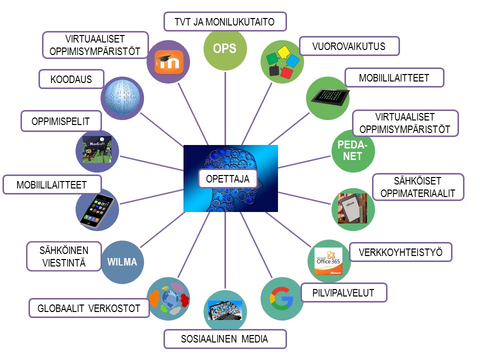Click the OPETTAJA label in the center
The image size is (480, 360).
[228, 178]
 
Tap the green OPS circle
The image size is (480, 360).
[225, 49]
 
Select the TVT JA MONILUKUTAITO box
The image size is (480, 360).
[225, 21]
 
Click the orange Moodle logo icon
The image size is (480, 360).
[169, 62]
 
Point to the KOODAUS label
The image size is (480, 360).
[71, 79]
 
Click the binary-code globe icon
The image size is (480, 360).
[122, 98]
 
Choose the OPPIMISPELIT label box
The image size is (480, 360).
[61, 121]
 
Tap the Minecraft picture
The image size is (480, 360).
[96, 149]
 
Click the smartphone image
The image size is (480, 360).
[96, 211]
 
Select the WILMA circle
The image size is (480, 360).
[122, 262]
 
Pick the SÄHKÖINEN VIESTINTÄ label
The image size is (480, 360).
[64, 256]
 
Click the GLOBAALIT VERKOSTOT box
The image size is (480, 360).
[89, 308]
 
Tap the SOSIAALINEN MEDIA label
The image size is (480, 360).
[225, 339]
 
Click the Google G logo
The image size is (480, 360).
[281, 298]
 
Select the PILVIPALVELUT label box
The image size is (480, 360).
[343, 292]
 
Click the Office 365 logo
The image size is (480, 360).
[329, 261]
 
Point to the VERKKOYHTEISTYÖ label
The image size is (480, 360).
[400, 252]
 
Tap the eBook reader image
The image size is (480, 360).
[352, 208]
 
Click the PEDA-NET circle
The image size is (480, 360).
[353, 150]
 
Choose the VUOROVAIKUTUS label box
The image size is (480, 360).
[349, 46]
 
